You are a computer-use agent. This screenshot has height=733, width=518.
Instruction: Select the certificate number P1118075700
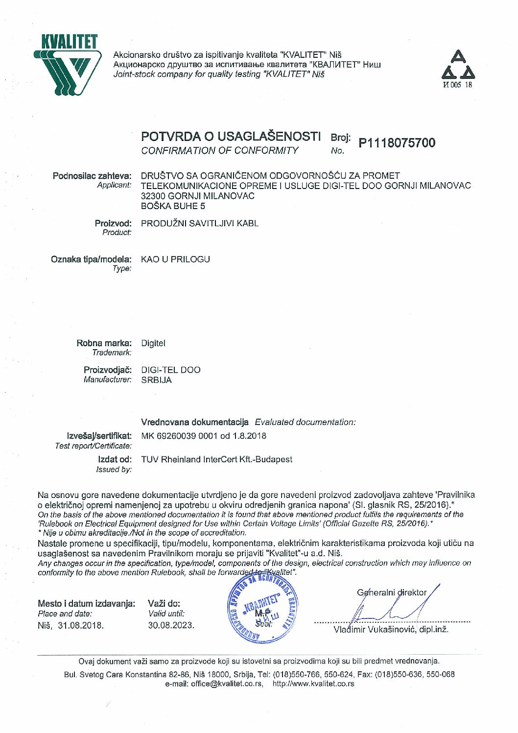[x=397, y=143]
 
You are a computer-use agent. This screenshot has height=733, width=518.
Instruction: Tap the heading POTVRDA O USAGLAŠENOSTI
[x=231, y=136]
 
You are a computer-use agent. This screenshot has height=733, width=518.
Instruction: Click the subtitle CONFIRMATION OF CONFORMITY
[x=219, y=151]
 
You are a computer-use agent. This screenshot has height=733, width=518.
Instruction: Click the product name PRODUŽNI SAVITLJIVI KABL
[x=200, y=223]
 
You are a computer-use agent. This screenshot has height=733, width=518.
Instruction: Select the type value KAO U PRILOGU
[x=175, y=259]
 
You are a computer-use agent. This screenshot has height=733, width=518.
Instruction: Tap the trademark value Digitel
[x=153, y=343]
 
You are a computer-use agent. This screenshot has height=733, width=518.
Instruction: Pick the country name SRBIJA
[x=156, y=380]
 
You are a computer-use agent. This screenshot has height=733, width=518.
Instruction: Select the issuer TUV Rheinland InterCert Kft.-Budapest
[x=216, y=459]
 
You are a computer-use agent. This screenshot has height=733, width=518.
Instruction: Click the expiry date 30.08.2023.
[x=171, y=625]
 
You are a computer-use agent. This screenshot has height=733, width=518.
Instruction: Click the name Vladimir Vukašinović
[x=375, y=630]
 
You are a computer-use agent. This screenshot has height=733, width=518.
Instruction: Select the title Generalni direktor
[x=392, y=592]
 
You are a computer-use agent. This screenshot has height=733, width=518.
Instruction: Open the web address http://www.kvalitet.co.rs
[x=313, y=684]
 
